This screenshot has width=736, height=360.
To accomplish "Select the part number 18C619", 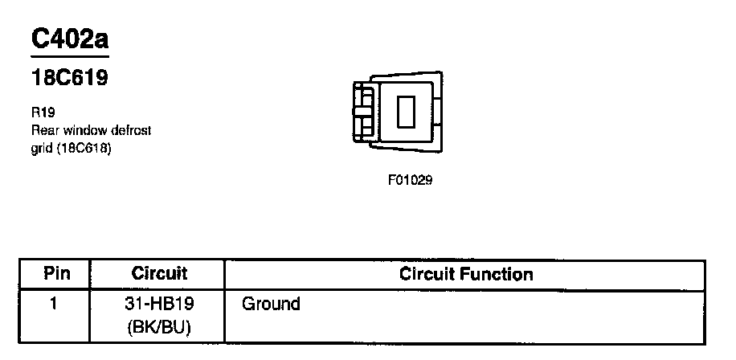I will (69, 79).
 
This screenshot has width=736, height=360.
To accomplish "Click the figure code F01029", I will (410, 181).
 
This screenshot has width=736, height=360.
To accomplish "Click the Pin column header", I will (56, 273).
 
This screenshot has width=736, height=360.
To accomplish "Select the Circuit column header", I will (159, 273).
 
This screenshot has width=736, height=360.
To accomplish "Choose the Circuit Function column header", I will (466, 274).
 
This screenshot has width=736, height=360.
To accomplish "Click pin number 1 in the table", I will (55, 304).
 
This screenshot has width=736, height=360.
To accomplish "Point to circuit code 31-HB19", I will (158, 305).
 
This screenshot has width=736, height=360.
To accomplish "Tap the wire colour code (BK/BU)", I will (158, 327).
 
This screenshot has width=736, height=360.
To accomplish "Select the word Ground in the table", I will (271, 305).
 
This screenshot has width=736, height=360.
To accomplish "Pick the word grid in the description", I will (41, 149).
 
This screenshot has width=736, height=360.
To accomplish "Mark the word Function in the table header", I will (501, 274).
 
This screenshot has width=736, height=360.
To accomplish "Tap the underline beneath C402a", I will (69, 57).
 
